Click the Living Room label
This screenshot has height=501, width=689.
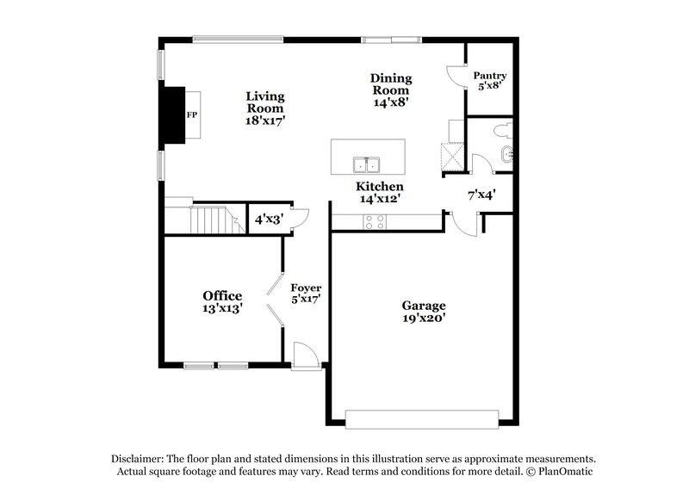pyautogui.click(x=265, y=108)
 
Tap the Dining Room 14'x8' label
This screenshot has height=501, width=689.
pyautogui.click(x=390, y=90)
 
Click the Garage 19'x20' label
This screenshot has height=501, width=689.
pyautogui.click(x=424, y=311)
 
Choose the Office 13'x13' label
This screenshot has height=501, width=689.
pyautogui.click(x=222, y=301)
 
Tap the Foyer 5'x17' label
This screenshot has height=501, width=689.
pyautogui.click(x=306, y=294)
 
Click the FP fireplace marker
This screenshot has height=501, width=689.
pyautogui.click(x=191, y=114)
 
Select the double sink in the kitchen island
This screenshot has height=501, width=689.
pyautogui.click(x=368, y=164)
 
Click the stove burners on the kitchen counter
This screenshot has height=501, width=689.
pyautogui.click(x=376, y=221)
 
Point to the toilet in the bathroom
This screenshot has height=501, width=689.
pyautogui.click(x=504, y=131)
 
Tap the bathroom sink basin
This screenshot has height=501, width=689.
pyautogui.click(x=506, y=155)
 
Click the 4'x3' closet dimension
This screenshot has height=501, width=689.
pyautogui.click(x=269, y=220)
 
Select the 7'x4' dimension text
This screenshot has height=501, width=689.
pyautogui.click(x=481, y=195)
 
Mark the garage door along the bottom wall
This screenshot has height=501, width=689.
pyautogui.click(x=422, y=419)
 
